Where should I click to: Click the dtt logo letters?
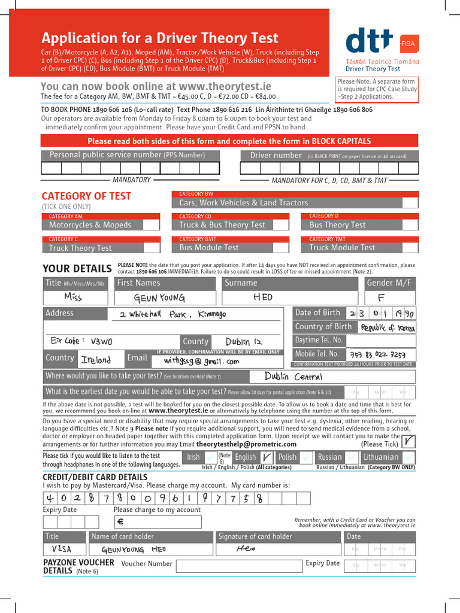point(370,42)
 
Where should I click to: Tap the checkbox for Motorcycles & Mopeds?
point(152,225)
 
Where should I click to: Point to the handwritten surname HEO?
point(263,297)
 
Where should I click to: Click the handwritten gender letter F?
point(382,298)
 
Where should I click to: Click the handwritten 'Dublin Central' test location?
point(293,377)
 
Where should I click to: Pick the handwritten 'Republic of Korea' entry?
point(387,327)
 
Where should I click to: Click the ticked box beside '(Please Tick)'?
point(408,441)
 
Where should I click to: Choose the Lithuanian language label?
point(380,457)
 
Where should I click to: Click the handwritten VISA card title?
point(62,549)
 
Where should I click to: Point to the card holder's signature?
point(246,548)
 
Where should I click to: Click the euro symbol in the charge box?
point(120,521)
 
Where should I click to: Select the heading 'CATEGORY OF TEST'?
point(86,196)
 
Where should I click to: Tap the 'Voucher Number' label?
point(147,563)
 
